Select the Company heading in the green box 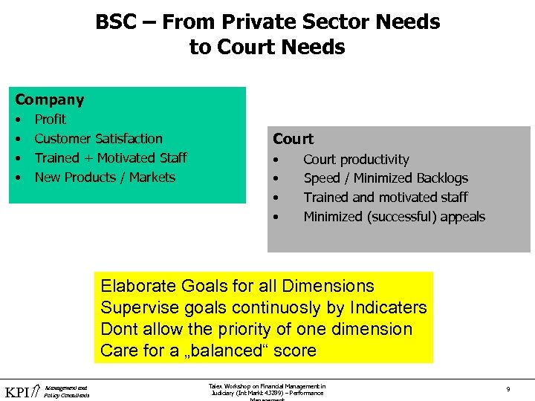tap(50, 100)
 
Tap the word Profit tap(51, 119)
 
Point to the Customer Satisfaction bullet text tap(98, 138)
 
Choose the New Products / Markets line tap(105, 177)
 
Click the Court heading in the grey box tap(293, 139)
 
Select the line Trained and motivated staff tap(385, 198)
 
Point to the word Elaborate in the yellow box tap(137, 286)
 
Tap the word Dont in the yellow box tap(118, 329)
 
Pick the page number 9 tap(507, 388)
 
